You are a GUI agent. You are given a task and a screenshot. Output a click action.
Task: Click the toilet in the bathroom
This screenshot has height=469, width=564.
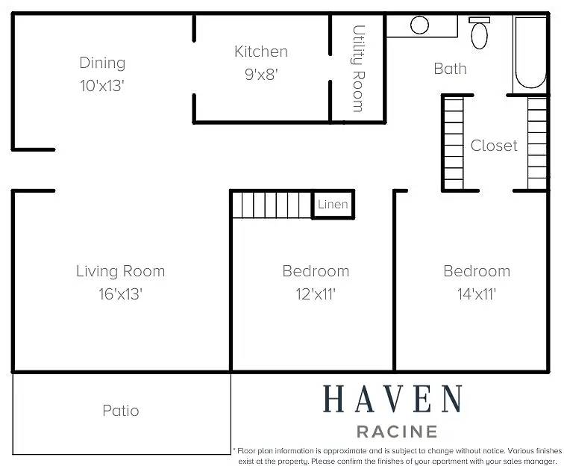coord(479,33)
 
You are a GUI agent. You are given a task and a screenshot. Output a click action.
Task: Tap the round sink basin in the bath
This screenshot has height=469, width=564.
coord(419,25)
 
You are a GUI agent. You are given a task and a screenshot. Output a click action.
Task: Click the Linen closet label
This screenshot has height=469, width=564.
coord(333,205)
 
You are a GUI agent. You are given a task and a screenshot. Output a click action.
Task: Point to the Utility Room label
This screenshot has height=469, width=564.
coord(358,69)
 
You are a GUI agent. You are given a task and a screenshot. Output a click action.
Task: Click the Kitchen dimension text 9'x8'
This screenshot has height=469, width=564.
coord(261,75)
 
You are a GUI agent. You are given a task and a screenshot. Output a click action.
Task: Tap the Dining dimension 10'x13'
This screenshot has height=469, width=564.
coord(102,86)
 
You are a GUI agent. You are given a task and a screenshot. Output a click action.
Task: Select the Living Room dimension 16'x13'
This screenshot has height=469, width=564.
coord(121,294)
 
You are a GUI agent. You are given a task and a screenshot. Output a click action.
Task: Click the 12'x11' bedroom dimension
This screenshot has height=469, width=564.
coord(316,294)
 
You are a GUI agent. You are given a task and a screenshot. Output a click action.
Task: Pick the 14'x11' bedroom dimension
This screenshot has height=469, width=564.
coord(477,294)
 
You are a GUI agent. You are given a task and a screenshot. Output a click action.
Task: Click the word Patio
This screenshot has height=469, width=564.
coord(121,411)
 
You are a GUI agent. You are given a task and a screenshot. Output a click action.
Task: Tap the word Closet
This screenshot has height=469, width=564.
coord(494,146)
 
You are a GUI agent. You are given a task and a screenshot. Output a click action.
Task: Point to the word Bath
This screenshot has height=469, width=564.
coord(450,69)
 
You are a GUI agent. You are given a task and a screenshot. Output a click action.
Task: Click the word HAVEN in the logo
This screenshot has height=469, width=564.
coord(392,399)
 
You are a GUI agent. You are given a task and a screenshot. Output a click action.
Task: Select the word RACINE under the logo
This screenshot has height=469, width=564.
coord(397,432)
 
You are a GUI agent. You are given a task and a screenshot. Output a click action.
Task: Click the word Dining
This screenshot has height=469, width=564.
coord(102,63)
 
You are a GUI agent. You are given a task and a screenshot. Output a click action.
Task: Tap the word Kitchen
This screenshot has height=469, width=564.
coord(261,52)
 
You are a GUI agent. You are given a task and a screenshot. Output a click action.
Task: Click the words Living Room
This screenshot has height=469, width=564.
coord(121,271)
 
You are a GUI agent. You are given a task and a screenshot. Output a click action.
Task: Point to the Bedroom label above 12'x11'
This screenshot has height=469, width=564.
coord(316,271)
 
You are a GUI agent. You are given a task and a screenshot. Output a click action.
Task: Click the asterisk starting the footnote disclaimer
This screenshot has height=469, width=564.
coord(234,449)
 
